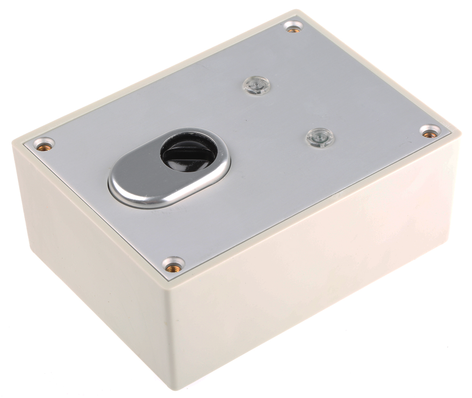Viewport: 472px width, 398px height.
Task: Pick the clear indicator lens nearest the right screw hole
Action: [319, 138]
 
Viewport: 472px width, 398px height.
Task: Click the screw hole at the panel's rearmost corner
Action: [292, 27]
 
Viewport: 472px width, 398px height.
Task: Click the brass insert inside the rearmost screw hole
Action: [292, 28]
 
